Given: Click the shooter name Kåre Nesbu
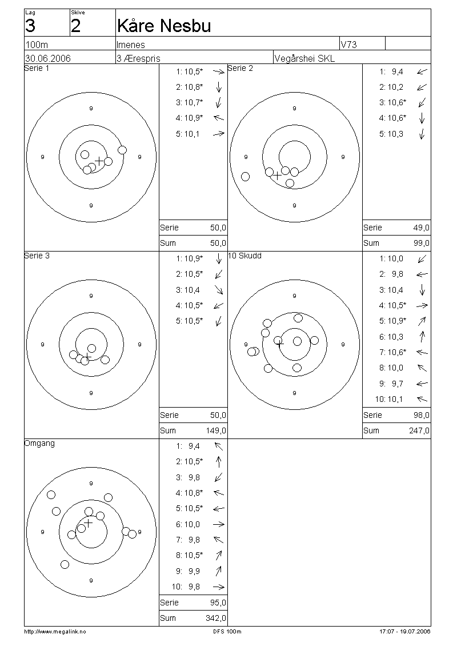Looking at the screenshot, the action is tap(164, 26).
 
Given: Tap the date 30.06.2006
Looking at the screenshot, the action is tap(48, 58).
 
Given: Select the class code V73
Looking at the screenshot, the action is tap(348, 45).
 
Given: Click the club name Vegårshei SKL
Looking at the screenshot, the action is tap(304, 58).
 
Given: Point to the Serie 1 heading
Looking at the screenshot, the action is tap(37, 69).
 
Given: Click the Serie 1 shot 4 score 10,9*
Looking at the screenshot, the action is tap(194, 118).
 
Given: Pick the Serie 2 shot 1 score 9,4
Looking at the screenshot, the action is tap(397, 71).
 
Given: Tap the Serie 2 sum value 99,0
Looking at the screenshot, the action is tap(421, 243).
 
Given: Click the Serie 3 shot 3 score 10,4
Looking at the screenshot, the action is tap(191, 290).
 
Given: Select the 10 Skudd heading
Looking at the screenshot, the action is tap(244, 256).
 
